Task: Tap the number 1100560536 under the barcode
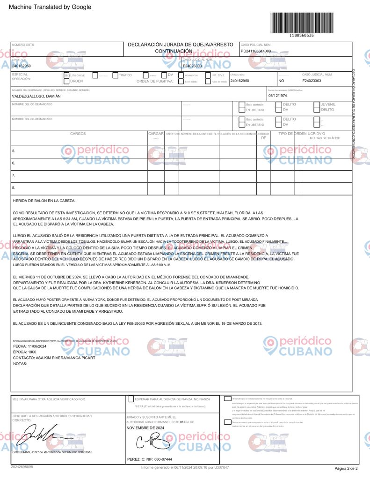[x=302, y=36]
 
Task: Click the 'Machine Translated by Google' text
[x=50, y=7]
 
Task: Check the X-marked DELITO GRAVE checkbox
[x=66, y=75]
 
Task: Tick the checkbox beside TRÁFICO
[x=115, y=75]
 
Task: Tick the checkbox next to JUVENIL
[x=317, y=105]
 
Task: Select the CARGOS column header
[x=78, y=134]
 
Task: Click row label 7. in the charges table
[x=14, y=175]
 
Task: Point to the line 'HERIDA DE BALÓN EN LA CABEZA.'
[x=44, y=201]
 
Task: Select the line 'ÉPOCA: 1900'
[x=25, y=352]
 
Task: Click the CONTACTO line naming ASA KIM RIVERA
[x=54, y=358]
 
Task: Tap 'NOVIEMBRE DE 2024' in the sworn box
[x=145, y=428]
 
